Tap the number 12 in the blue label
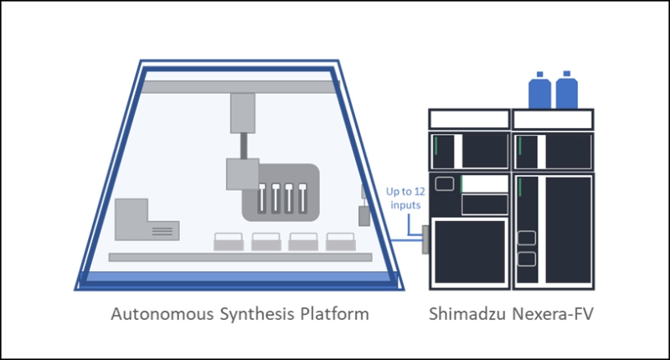(x=420, y=191)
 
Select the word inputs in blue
(x=405, y=204)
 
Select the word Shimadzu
(x=471, y=316)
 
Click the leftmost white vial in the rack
(x=263, y=198)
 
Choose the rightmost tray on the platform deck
(x=341, y=242)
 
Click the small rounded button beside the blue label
(x=446, y=183)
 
